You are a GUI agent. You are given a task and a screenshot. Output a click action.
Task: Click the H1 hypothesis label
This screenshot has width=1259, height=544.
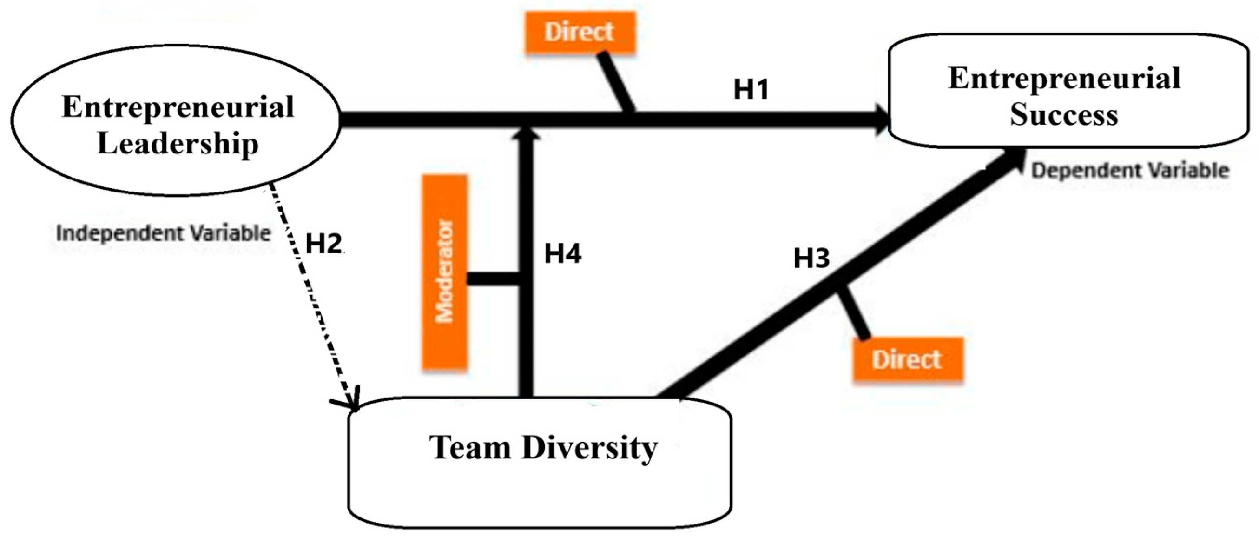[x=751, y=89]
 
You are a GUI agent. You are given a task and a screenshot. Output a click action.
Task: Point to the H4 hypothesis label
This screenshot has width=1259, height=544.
[x=562, y=254]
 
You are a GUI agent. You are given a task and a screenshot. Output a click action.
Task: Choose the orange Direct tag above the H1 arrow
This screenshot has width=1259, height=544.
[x=580, y=32]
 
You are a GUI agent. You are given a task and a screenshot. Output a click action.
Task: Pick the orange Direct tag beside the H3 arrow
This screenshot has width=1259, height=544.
[x=907, y=359]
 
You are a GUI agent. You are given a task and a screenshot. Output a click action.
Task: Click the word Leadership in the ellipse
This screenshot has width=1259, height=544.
[x=178, y=143]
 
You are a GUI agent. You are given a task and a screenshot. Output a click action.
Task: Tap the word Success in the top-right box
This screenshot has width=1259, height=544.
[x=1064, y=115]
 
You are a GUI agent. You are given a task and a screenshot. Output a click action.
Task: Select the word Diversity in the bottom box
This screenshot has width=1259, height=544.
[x=589, y=448]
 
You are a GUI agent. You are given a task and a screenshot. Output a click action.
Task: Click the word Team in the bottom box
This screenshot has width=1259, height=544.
[x=470, y=448]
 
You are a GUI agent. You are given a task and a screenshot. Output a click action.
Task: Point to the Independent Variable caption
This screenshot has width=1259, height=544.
[x=163, y=233]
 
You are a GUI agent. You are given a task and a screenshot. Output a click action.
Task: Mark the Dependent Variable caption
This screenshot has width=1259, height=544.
[x=1129, y=171]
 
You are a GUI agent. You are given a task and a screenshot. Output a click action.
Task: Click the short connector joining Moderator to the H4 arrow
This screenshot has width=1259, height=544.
[x=493, y=279]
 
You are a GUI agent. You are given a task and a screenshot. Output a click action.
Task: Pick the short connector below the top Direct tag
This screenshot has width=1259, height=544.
[x=617, y=82]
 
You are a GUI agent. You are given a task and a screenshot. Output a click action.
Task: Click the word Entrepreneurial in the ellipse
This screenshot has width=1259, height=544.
[x=178, y=107]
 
